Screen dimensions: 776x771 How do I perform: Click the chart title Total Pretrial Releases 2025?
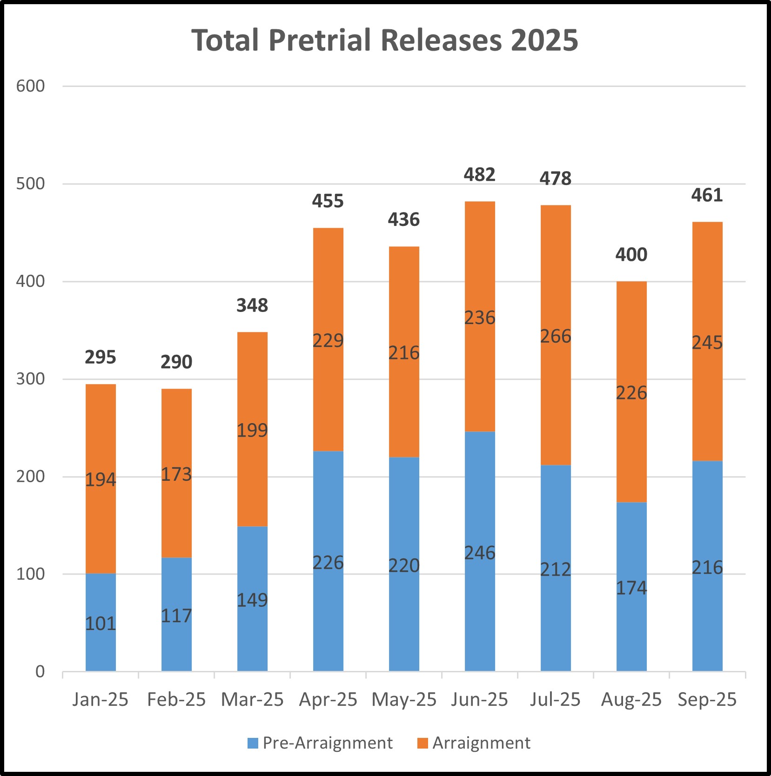(x=384, y=40)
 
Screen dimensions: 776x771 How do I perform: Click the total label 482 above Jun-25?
(x=480, y=175)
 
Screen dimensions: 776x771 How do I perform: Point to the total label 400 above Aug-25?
(x=631, y=255)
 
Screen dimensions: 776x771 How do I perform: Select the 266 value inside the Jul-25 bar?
(x=556, y=336)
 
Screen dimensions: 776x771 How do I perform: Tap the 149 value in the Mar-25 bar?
(x=252, y=600)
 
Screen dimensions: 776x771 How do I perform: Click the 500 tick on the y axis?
(x=31, y=184)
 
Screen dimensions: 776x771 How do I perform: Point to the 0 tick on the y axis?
(x=40, y=672)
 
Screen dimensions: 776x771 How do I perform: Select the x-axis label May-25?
(x=404, y=700)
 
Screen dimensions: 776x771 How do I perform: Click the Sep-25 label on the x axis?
(x=707, y=700)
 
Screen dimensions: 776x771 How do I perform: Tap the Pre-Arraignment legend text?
(x=328, y=743)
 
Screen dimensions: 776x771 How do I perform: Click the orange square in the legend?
(x=422, y=743)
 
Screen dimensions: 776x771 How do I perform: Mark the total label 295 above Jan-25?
(x=101, y=358)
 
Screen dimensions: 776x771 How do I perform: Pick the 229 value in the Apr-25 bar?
(x=328, y=341)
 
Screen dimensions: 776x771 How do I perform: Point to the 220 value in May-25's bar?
(x=404, y=566)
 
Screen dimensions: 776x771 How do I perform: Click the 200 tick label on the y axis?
(x=31, y=477)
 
